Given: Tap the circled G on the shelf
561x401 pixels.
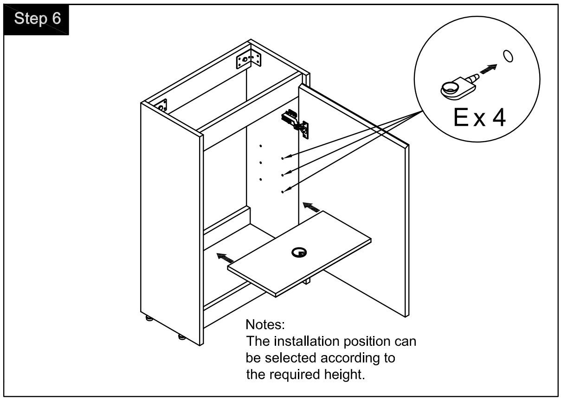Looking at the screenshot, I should click(x=298, y=252).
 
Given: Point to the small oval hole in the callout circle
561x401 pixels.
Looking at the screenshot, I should click(x=508, y=56).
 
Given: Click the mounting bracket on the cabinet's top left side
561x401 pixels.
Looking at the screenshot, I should click(x=162, y=105).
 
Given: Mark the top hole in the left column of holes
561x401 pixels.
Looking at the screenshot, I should click(x=261, y=146).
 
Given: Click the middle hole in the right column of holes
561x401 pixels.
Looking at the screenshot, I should click(x=282, y=175).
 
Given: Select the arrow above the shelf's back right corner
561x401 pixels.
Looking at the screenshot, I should click(x=310, y=206).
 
